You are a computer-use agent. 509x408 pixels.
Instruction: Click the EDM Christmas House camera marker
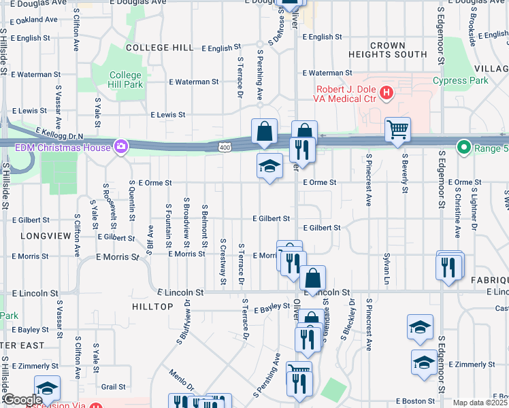pyautogui.click(x=121, y=146)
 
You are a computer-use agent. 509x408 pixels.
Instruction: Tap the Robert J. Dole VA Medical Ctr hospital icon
pyautogui.click(x=387, y=92)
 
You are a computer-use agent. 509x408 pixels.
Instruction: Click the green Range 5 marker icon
pyautogui.click(x=464, y=146)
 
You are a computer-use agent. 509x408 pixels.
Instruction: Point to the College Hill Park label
pyautogui.click(x=126, y=80)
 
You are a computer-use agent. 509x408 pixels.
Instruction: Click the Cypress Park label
pyautogui.click(x=461, y=80)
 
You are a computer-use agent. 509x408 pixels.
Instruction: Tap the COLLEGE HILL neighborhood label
pyautogui.click(x=160, y=48)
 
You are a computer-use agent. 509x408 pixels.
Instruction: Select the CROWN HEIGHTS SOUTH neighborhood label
pyautogui.click(x=387, y=50)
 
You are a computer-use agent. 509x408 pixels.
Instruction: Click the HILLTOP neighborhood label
pyautogui.click(x=153, y=307)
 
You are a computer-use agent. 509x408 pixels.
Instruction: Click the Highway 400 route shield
pyautogui.click(x=225, y=147)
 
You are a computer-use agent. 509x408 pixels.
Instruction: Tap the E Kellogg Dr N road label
pyautogui.click(x=59, y=133)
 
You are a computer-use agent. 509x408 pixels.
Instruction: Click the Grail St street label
pyautogui.click(x=113, y=386)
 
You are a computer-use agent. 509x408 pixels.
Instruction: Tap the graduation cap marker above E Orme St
pyautogui.click(x=269, y=165)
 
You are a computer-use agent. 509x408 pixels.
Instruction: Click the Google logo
pyautogui.click(x=22, y=400)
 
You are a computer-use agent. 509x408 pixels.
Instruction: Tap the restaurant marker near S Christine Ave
pyautogui.click(x=449, y=267)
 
